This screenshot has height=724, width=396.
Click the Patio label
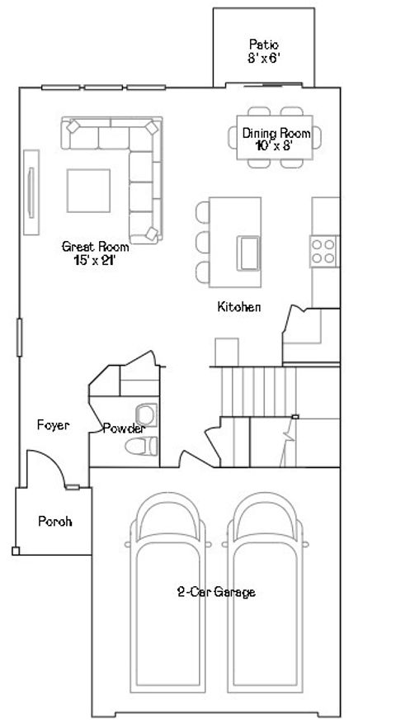pyautogui.click(x=263, y=50)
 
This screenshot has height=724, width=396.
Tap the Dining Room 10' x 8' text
pyautogui.click(x=276, y=139)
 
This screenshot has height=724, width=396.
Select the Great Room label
pyautogui.click(x=95, y=252)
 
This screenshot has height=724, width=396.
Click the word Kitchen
pyautogui.click(x=239, y=307)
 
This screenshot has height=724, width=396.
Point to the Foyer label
pyautogui.click(x=53, y=425)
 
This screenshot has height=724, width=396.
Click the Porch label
pyautogui.click(x=55, y=522)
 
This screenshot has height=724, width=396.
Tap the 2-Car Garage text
pyautogui.click(x=216, y=592)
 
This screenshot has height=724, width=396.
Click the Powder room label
pyautogui.click(x=124, y=428)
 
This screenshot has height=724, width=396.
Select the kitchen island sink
pyautogui.click(x=248, y=251)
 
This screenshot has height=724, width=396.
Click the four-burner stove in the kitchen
pyautogui.click(x=323, y=250)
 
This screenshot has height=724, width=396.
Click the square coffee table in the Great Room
pyautogui.click(x=89, y=190)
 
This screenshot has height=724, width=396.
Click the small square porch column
pyautogui.click(x=16, y=550)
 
